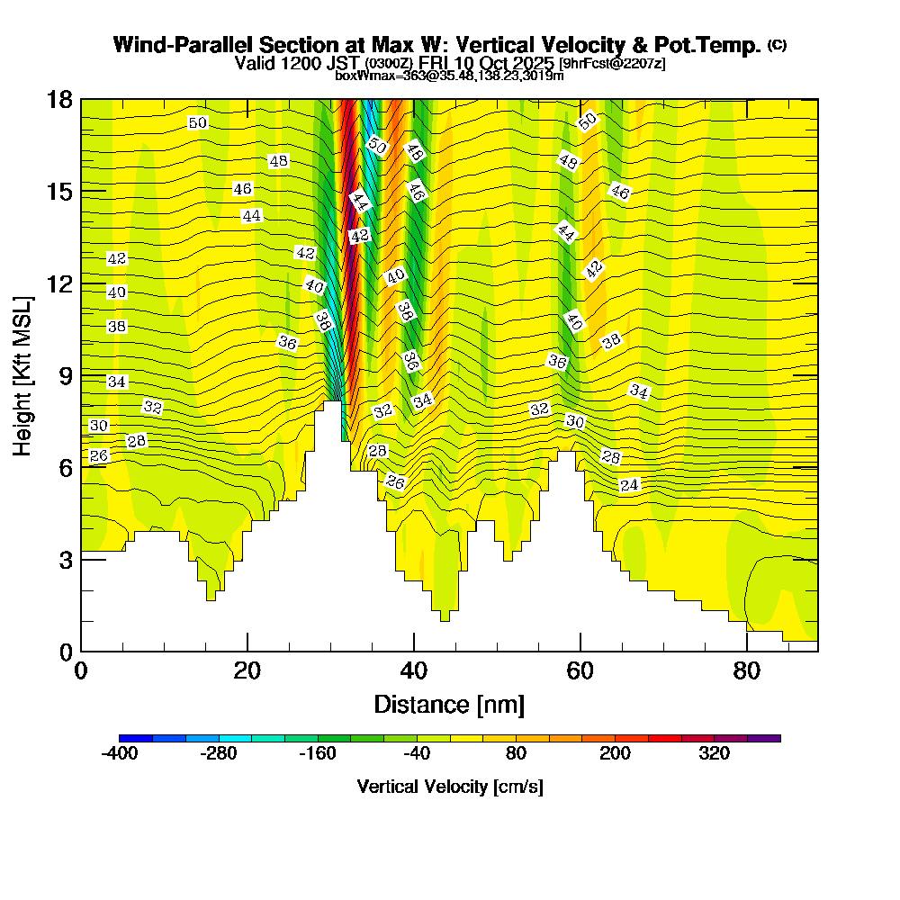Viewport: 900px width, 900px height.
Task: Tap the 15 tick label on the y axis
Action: pos(59,191)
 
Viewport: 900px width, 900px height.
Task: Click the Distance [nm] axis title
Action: pos(449,704)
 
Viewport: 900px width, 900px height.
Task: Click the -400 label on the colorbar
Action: pos(120,753)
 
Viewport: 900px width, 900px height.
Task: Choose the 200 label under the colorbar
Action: pos(615,753)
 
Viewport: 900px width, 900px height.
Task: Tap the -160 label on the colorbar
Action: pos(318,753)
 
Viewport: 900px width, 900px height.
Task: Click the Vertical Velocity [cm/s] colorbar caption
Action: pos(449,787)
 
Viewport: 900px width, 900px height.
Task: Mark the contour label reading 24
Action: pos(629,485)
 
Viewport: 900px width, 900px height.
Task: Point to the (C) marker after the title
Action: pos(777,45)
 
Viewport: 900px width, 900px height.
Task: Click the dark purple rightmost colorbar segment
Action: pos(764,738)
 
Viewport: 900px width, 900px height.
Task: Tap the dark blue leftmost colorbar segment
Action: pos(136,738)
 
